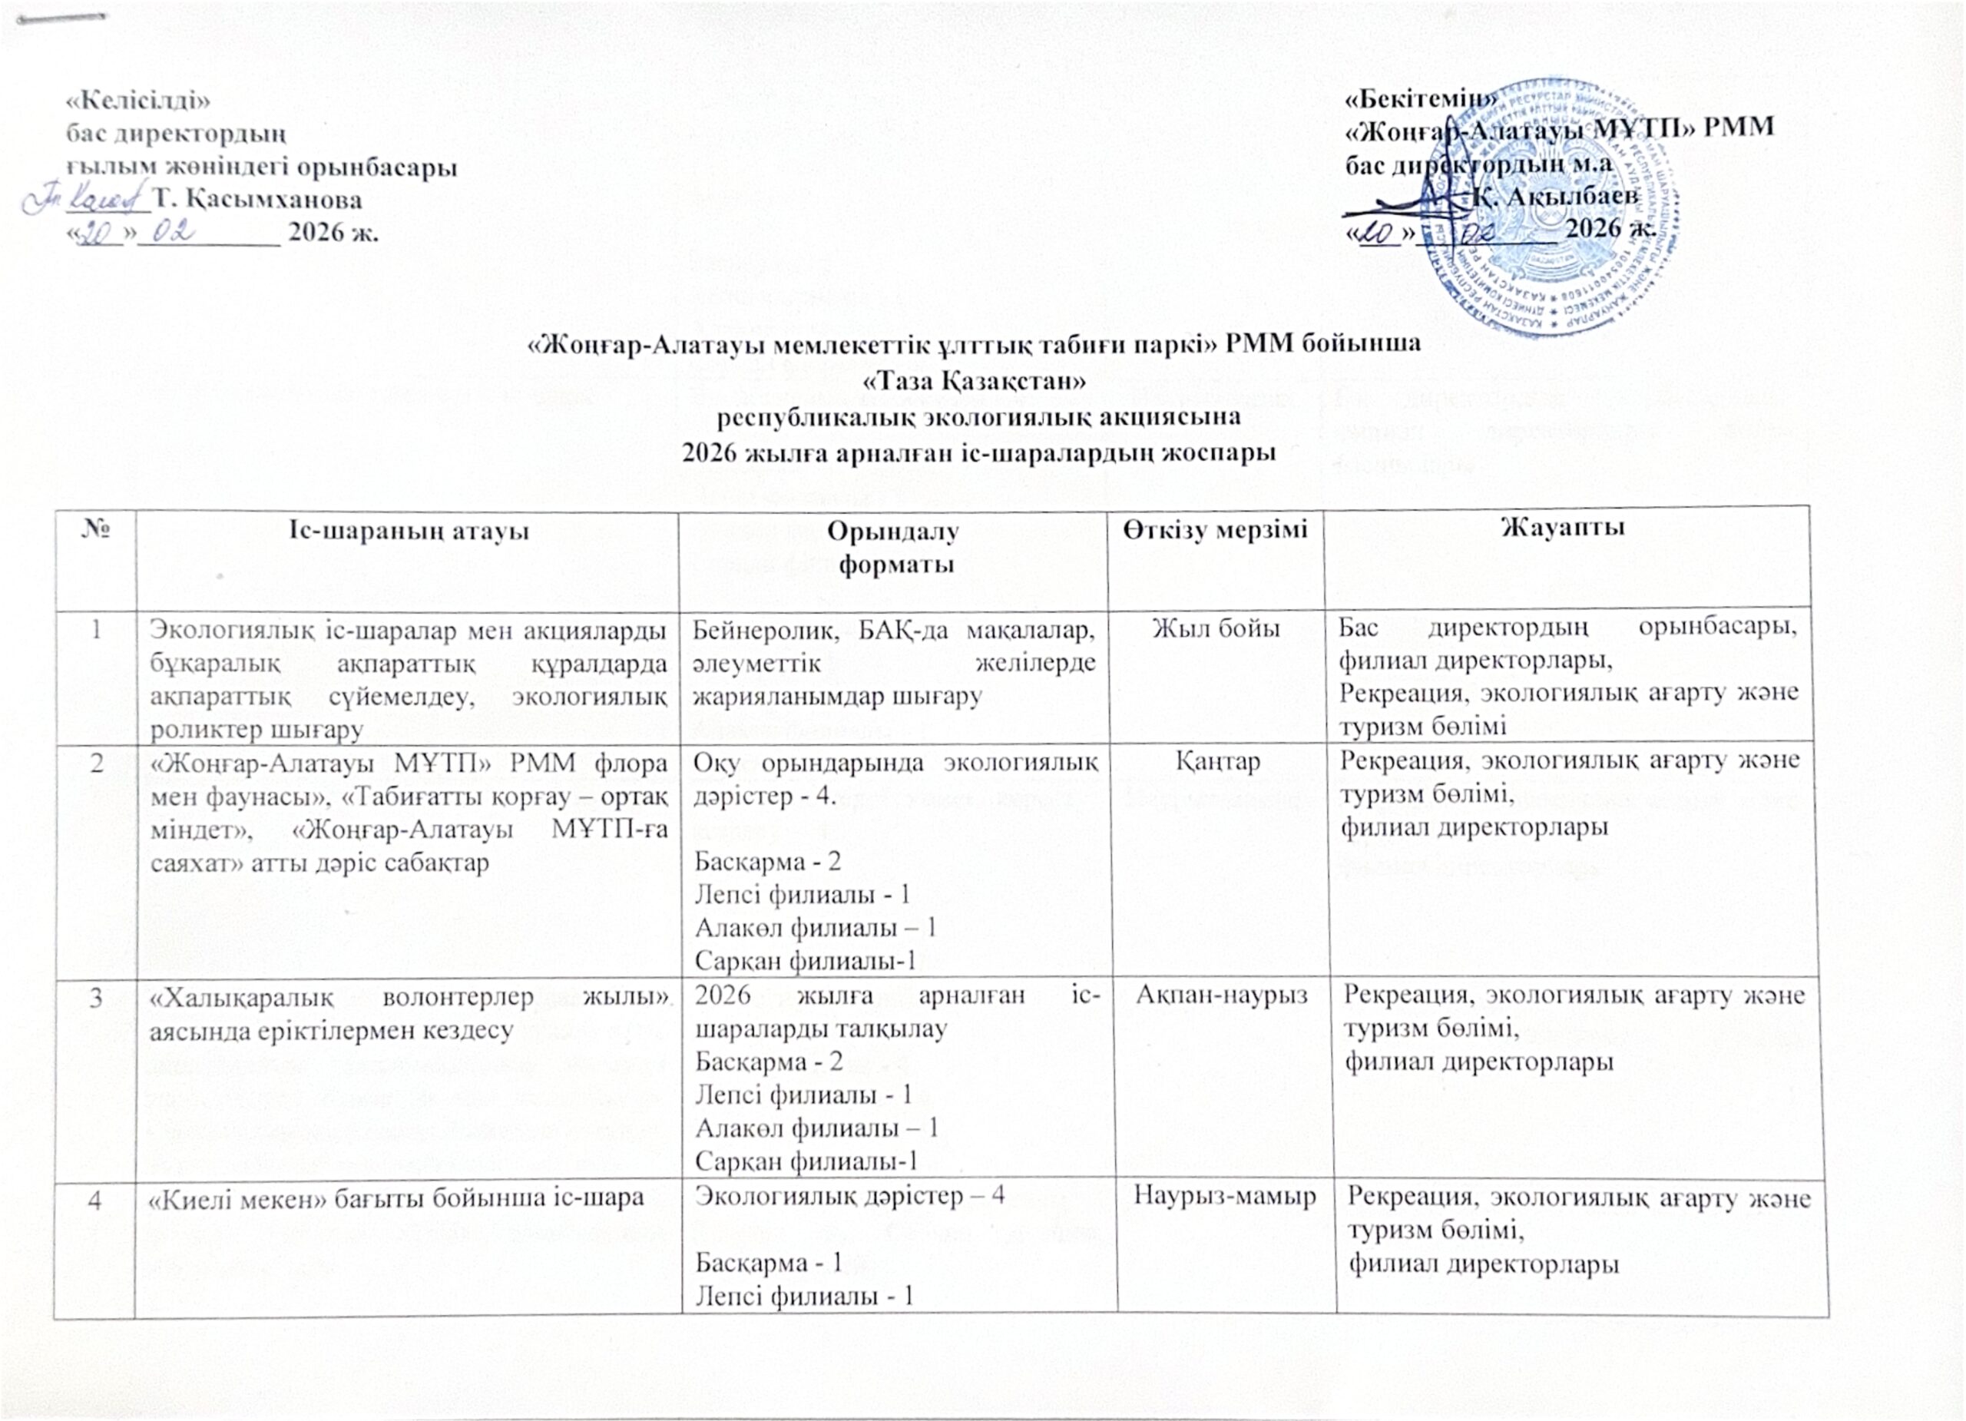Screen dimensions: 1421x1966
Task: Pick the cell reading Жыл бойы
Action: [x=1216, y=631]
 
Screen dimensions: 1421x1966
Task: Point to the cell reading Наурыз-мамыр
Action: [x=1225, y=1197]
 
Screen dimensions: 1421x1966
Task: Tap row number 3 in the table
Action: [x=94, y=998]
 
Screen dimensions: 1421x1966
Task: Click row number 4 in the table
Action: [x=94, y=1197]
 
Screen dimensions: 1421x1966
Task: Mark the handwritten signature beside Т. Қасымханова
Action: [x=87, y=200]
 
